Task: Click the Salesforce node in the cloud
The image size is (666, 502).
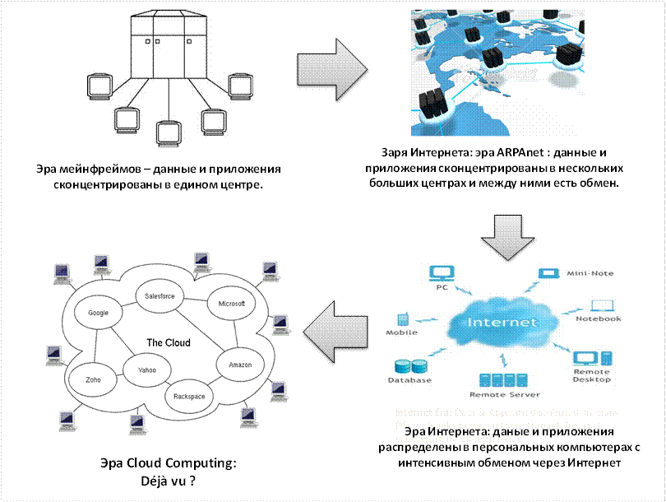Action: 160,296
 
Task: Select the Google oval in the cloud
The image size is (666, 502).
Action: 98,313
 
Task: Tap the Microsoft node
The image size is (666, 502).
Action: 232,304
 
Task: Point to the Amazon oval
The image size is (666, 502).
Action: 241,364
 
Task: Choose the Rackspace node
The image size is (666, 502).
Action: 189,396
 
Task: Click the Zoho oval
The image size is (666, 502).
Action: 92,380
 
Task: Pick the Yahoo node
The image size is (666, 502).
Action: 146,370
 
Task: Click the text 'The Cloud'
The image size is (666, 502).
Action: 168,342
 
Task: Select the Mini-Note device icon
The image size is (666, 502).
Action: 547,272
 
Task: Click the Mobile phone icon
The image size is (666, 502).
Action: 403,319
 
